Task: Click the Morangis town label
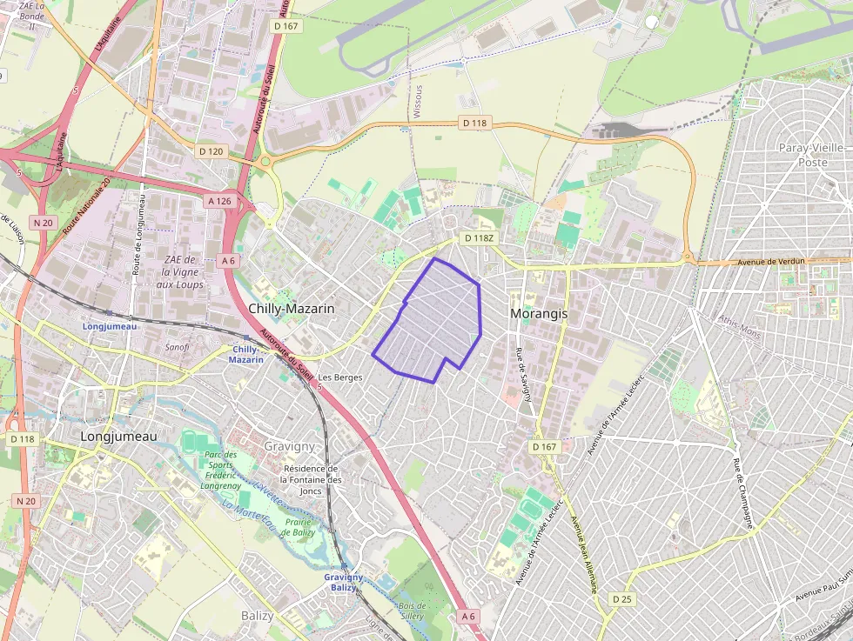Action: tap(538, 313)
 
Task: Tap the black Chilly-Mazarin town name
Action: tap(292, 309)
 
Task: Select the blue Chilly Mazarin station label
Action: tap(245, 354)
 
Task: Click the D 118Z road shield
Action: tap(479, 237)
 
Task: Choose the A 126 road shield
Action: tap(220, 201)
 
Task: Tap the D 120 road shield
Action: tap(211, 151)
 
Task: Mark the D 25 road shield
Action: tap(621, 599)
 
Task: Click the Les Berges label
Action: tap(339, 377)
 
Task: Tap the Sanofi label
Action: tap(178, 346)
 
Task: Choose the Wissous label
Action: tap(418, 102)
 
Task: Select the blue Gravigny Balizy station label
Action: tap(343, 582)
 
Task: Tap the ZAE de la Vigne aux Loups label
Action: tap(183, 272)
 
